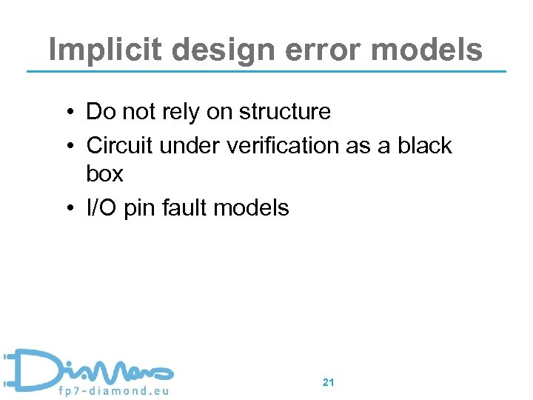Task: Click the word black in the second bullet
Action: click(x=425, y=146)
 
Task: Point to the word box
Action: click(x=104, y=174)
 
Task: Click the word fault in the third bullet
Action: click(x=183, y=208)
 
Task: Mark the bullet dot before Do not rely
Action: click(x=67, y=113)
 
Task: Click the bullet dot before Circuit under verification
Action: click(x=67, y=147)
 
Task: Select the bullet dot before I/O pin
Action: click(x=67, y=209)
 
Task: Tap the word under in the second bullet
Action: click(x=184, y=146)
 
